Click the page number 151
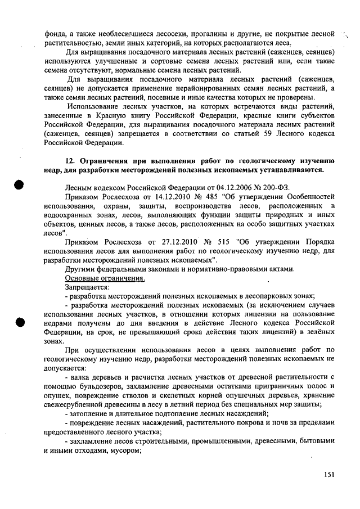(329, 475)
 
